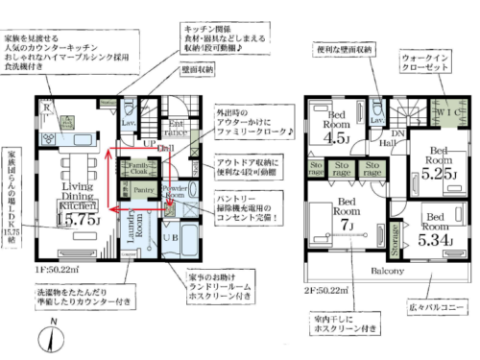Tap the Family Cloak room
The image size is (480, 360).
[x=138, y=171]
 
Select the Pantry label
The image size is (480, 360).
[x=144, y=191]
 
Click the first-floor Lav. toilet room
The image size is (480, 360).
[x=127, y=124]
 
